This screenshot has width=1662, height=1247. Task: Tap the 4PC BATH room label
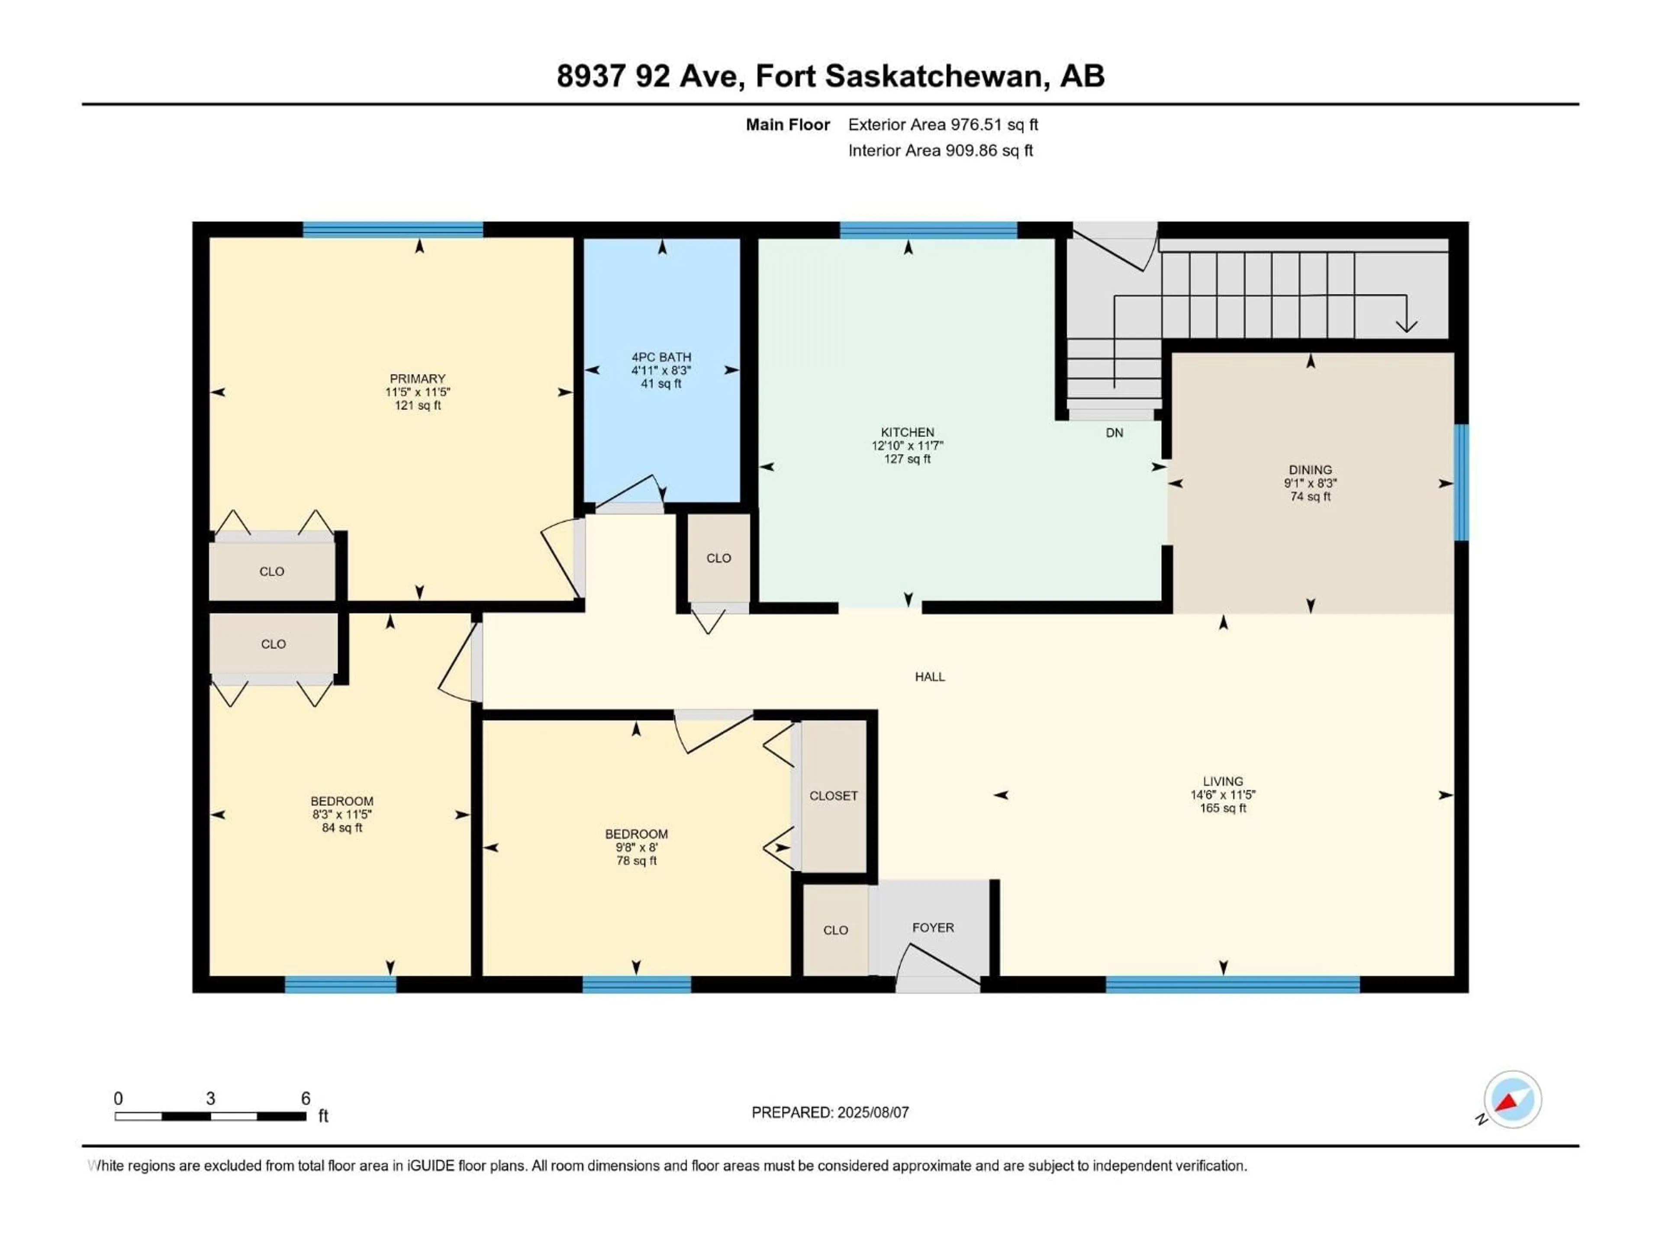tap(661, 357)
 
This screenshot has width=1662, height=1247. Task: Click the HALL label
tap(929, 676)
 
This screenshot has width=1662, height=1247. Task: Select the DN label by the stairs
tap(1114, 433)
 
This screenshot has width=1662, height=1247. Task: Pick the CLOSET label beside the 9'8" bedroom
tap(833, 795)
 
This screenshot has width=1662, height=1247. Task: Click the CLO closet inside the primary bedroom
tap(271, 571)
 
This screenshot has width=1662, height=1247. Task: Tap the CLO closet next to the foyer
tap(835, 930)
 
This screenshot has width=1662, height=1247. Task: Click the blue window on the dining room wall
tap(1461, 482)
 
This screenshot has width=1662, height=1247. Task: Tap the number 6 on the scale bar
tap(305, 1098)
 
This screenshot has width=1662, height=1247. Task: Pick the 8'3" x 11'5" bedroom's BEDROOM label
tap(342, 801)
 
